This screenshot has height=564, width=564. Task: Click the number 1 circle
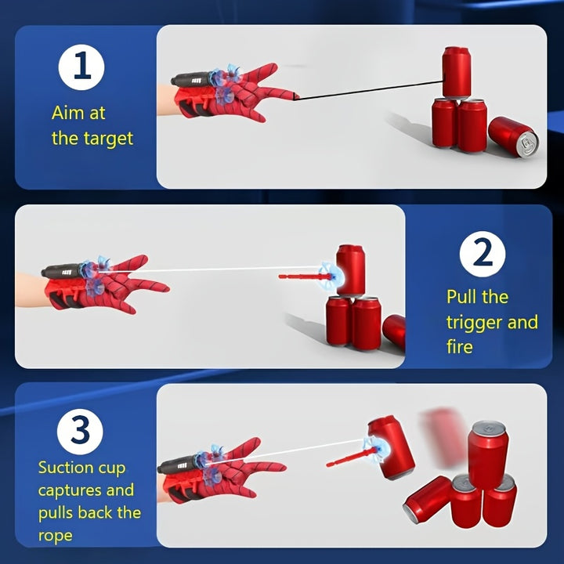[81, 67]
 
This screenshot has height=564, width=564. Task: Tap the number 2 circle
[483, 254]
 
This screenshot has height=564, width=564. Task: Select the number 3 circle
[80, 432]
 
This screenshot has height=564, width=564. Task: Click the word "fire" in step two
[459, 347]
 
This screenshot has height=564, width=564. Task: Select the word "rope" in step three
[55, 536]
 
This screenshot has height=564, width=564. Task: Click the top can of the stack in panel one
[456, 73]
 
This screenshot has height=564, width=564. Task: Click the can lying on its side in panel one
[513, 136]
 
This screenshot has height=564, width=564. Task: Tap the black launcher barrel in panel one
[190, 79]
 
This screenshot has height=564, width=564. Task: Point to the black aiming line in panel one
[367, 90]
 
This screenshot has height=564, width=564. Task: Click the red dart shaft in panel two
[304, 277]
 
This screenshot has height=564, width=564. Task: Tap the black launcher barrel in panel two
[62, 270]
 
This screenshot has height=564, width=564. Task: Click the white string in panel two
[211, 269]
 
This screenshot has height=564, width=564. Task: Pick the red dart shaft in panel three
[352, 457]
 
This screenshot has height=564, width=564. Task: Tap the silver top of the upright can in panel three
[489, 428]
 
